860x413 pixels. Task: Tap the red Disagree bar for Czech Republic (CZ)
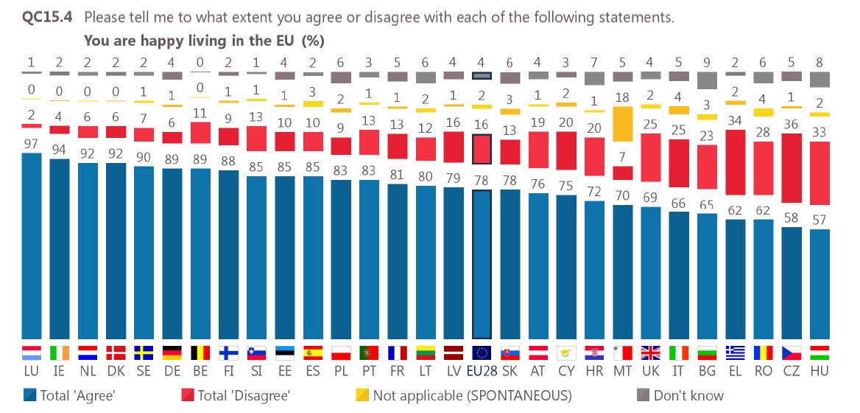coord(791,167)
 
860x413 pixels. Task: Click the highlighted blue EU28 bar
coord(482,264)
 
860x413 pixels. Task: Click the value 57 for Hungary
coord(819,219)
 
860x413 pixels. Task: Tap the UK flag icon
coord(651,353)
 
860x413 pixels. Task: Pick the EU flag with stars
coord(482,353)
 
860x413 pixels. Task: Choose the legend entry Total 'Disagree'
coord(236,396)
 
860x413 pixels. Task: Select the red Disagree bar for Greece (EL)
coord(735,174)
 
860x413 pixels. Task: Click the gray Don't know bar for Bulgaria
coord(707,80)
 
